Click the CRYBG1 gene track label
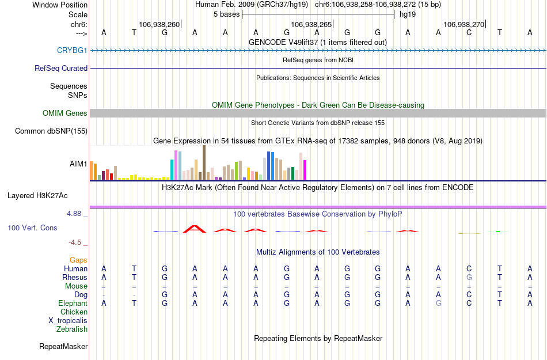(x=72, y=50)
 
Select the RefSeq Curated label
(x=61, y=68)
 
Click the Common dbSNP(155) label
(x=51, y=131)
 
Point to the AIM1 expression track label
(x=78, y=164)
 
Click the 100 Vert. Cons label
(x=32, y=228)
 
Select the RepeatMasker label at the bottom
(x=63, y=347)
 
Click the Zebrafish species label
(x=72, y=329)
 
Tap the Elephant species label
(x=73, y=304)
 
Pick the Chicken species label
(x=74, y=312)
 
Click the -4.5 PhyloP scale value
(x=78, y=242)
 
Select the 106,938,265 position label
(x=312, y=25)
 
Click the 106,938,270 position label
(x=464, y=25)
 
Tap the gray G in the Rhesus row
(x=469, y=278)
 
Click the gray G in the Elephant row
(x=439, y=304)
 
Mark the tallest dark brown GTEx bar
(x=204, y=162)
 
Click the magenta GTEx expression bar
(x=305, y=170)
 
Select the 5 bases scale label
(x=225, y=14)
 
